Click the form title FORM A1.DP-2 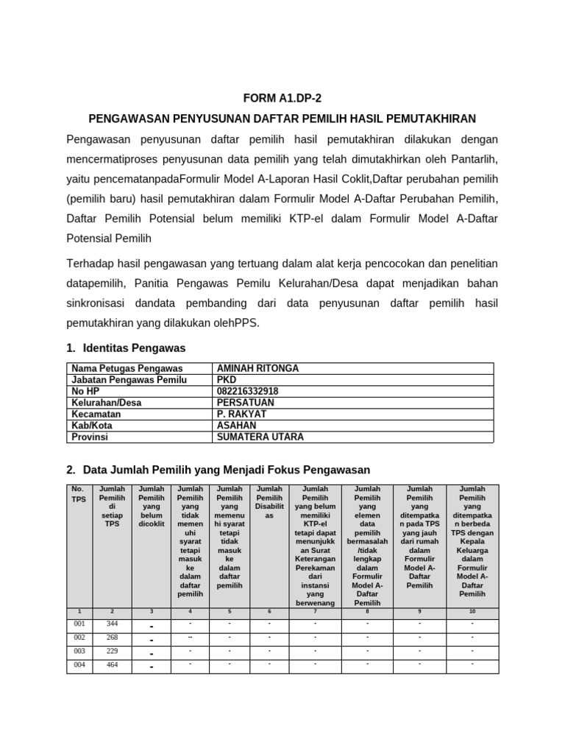point(282,97)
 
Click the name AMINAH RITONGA point(257,368)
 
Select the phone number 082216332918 point(248,391)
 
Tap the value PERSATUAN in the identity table point(246,403)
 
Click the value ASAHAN point(237,426)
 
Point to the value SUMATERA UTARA point(260,437)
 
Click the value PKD point(227,380)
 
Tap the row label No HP point(85,391)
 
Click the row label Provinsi point(90,437)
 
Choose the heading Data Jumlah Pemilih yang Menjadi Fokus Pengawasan point(227,470)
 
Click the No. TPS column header point(78,493)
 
